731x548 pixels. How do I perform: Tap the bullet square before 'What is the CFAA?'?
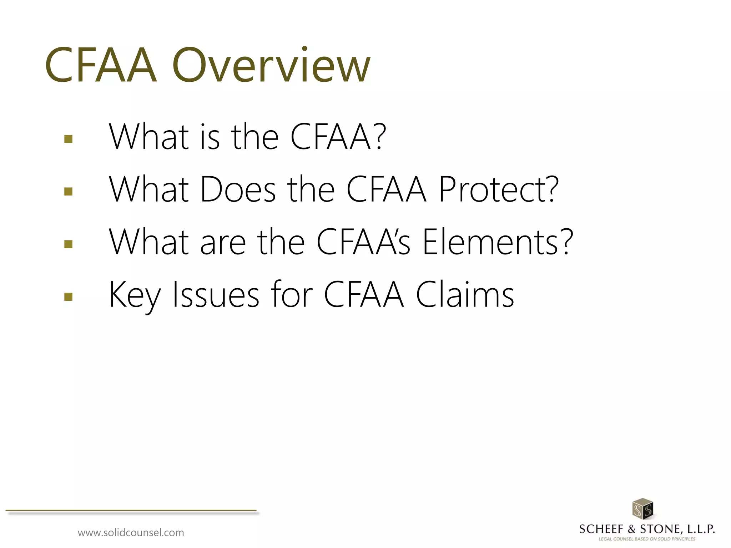pyautogui.click(x=68, y=139)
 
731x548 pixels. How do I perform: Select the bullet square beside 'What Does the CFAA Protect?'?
pyautogui.click(x=68, y=192)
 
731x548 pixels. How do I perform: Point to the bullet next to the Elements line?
pyautogui.click(x=68, y=244)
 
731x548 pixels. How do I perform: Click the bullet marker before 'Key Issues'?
pyautogui.click(x=68, y=297)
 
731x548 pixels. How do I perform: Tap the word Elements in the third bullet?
pyautogui.click(x=498, y=242)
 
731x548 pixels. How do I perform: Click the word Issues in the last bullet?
pyautogui.click(x=216, y=295)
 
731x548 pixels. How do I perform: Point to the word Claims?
pyautogui.click(x=465, y=295)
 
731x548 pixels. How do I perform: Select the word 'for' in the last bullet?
pyautogui.click(x=292, y=295)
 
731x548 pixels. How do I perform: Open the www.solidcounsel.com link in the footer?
pyautogui.click(x=131, y=533)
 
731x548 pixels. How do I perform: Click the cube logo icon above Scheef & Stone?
pyautogui.click(x=642, y=509)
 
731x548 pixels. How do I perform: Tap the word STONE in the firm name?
pyautogui.click(x=660, y=529)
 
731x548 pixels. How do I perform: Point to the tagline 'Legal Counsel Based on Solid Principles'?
pyautogui.click(x=647, y=539)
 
